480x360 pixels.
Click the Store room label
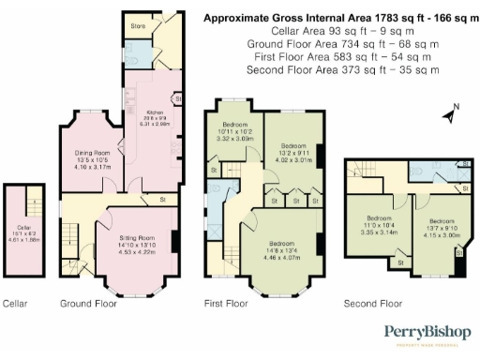137,26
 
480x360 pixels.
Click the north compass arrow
453,115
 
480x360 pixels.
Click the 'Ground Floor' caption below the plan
86,304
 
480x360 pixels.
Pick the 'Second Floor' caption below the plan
373,304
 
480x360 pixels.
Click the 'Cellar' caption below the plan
15,304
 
